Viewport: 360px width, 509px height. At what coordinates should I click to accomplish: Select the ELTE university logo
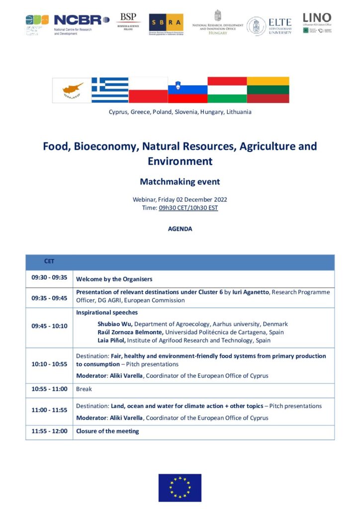click(270, 25)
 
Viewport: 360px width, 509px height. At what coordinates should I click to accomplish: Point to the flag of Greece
click(110, 90)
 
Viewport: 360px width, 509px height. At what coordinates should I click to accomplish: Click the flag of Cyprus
click(72, 90)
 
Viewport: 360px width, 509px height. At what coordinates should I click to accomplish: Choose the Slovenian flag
click(187, 90)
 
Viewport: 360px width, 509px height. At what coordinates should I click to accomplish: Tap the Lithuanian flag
click(268, 90)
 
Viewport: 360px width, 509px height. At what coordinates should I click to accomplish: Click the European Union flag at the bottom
click(180, 487)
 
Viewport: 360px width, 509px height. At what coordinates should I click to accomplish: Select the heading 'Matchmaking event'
click(180, 181)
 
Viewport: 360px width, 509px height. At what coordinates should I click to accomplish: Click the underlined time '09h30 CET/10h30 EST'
click(188, 208)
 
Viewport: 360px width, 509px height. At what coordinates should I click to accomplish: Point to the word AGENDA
click(180, 229)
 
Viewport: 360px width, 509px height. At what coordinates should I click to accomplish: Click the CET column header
click(49, 261)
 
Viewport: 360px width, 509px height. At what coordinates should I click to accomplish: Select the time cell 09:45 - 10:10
click(49, 326)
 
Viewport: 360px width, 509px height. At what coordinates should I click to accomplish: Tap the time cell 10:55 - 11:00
click(49, 389)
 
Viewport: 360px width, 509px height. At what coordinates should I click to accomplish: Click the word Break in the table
click(84, 389)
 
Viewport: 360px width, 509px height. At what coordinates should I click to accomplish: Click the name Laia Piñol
click(112, 340)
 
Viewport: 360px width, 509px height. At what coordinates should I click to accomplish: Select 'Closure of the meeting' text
click(107, 431)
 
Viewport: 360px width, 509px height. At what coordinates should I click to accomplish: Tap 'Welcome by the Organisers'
click(114, 279)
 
